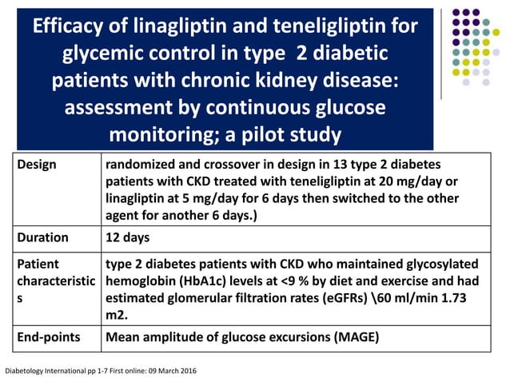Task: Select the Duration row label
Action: pos(43,237)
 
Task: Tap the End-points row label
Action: pos(49,337)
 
